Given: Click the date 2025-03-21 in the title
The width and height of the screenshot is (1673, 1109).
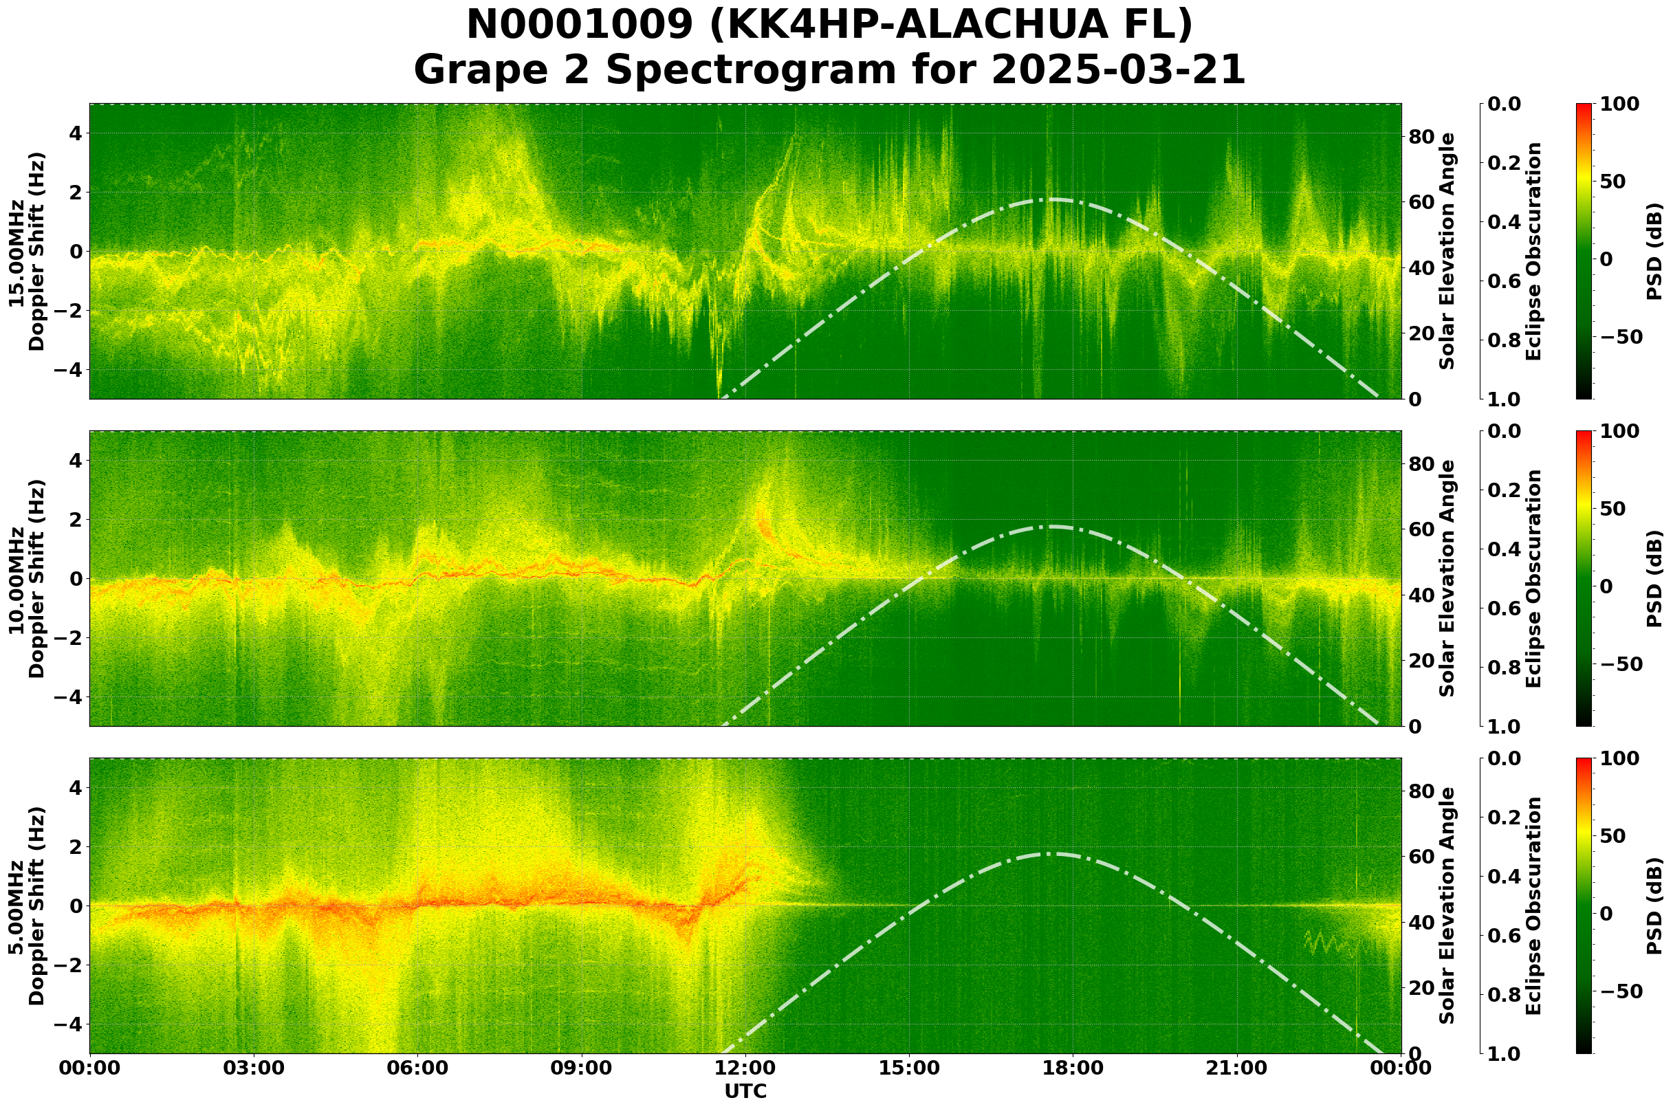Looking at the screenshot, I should [x=1117, y=71].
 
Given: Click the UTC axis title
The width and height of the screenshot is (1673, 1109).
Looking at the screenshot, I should [x=745, y=1091].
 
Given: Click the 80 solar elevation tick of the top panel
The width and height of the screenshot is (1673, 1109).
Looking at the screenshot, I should [x=1421, y=137].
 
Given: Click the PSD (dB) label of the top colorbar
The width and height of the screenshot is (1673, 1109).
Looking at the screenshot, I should [x=1653, y=251].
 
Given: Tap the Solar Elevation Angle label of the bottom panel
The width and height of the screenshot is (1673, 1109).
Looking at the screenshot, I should [x=1447, y=905].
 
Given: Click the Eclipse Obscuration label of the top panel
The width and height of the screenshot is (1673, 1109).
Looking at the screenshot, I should [x=1533, y=251].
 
